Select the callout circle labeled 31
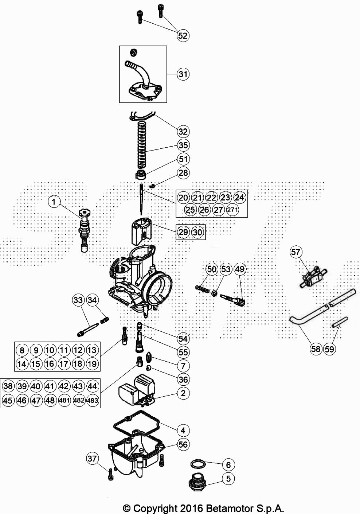(x=183, y=74)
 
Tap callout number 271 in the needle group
(x=232, y=210)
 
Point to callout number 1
(x=54, y=201)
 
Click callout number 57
(x=296, y=252)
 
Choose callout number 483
(x=93, y=400)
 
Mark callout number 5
(x=228, y=478)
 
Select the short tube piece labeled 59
(x=339, y=322)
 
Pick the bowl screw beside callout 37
(x=110, y=474)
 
